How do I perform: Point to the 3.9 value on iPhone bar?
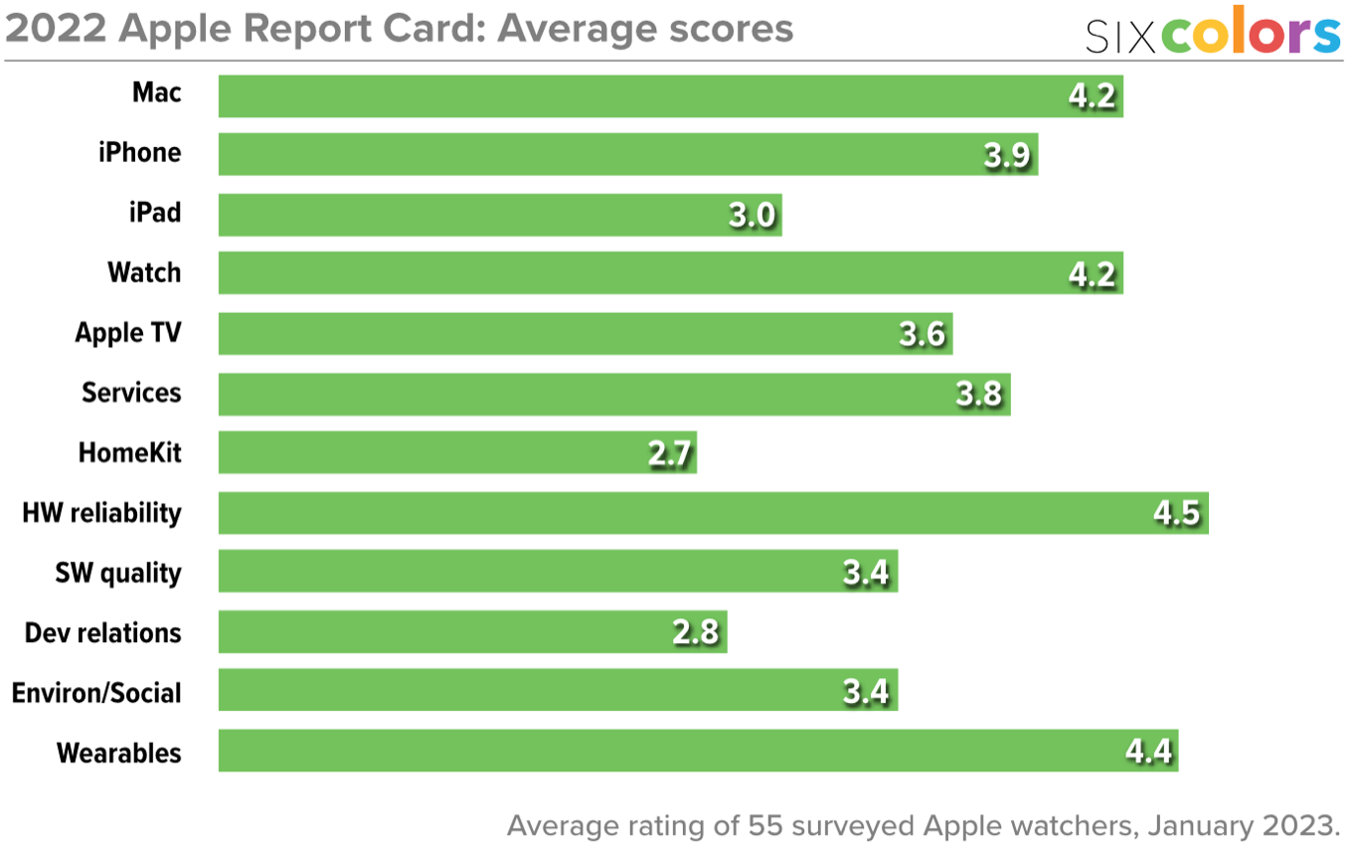(x=1006, y=156)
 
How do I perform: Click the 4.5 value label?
(x=1177, y=514)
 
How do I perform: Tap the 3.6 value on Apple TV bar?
(x=922, y=335)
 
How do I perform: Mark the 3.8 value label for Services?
(x=978, y=395)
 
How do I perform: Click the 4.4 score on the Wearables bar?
(x=1148, y=752)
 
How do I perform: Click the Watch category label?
(x=144, y=273)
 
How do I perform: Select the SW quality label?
(x=118, y=573)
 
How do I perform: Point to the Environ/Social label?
(x=96, y=693)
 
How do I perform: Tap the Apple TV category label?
(x=128, y=333)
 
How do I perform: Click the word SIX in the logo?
(x=1120, y=37)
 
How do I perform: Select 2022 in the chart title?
(x=56, y=30)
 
